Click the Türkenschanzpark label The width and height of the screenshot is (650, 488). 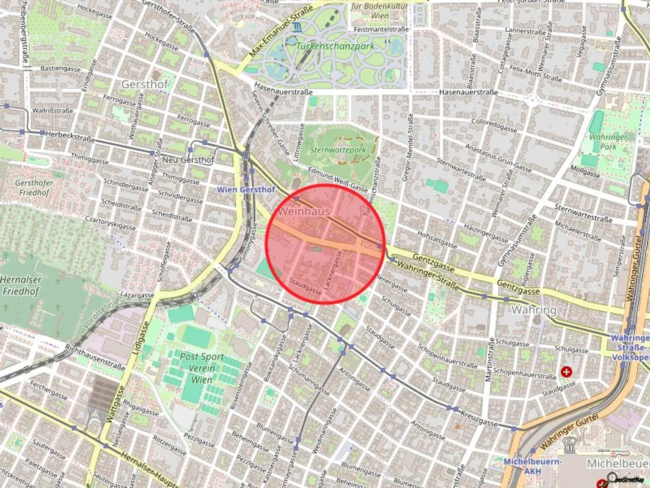(x=335, y=46)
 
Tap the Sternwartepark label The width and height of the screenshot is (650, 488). (x=338, y=150)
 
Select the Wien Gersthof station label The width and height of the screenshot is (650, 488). (x=246, y=189)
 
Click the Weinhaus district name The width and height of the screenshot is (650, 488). (x=304, y=211)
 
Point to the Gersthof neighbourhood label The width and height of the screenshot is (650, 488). (x=145, y=84)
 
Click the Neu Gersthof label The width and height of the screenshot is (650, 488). (x=188, y=160)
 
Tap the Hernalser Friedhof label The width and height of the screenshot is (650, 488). (x=21, y=285)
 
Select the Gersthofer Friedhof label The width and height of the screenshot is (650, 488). (x=34, y=188)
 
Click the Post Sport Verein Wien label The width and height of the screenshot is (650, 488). (x=201, y=368)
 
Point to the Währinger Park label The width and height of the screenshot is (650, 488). (x=608, y=142)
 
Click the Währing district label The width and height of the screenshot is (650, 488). (x=534, y=310)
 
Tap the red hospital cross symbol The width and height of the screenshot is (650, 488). (x=566, y=372)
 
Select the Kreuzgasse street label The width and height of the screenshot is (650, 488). (x=479, y=418)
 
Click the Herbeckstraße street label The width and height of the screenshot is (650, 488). (x=70, y=136)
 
